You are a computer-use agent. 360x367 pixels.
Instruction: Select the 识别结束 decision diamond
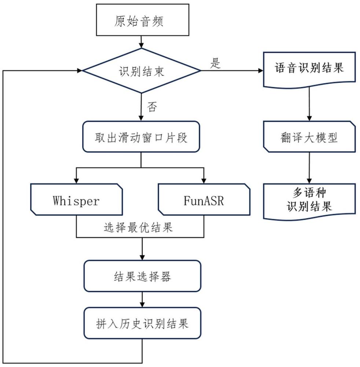(x=142, y=71)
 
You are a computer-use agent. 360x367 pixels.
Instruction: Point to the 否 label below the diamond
(x=152, y=106)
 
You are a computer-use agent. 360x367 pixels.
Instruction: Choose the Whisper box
(x=76, y=200)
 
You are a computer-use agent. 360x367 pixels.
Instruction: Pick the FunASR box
(x=203, y=200)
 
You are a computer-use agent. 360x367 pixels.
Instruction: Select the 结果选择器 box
(x=142, y=276)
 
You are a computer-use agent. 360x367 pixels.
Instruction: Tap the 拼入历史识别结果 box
(x=142, y=323)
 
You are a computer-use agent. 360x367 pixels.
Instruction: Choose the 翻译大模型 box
(x=309, y=138)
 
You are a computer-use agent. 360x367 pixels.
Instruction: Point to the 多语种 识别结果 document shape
(x=309, y=200)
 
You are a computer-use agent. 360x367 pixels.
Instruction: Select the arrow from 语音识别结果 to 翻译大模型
(x=309, y=105)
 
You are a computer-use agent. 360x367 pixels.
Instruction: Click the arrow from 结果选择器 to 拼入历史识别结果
(x=142, y=299)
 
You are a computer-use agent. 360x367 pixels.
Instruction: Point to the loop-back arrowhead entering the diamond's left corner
(x=80, y=70)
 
